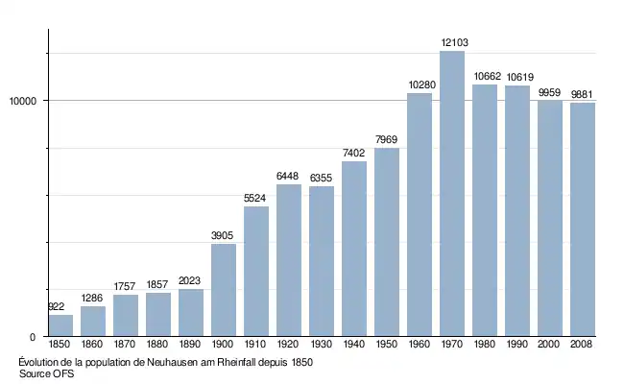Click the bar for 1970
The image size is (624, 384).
coord(452,193)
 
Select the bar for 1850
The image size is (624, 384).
coord(60,325)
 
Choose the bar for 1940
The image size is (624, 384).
coord(354,249)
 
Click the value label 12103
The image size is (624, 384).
coord(452,42)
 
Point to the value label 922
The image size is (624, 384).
coord(57,307)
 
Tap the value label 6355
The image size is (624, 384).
coord(322,179)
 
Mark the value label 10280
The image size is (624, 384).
coord(420,85)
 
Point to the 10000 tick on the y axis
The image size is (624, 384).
coord(23,102)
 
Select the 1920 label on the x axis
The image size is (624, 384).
coord(289,344)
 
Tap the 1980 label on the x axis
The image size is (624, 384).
coord(485,344)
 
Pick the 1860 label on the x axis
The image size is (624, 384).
coord(93,344)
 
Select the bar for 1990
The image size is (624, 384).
coord(517,211)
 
